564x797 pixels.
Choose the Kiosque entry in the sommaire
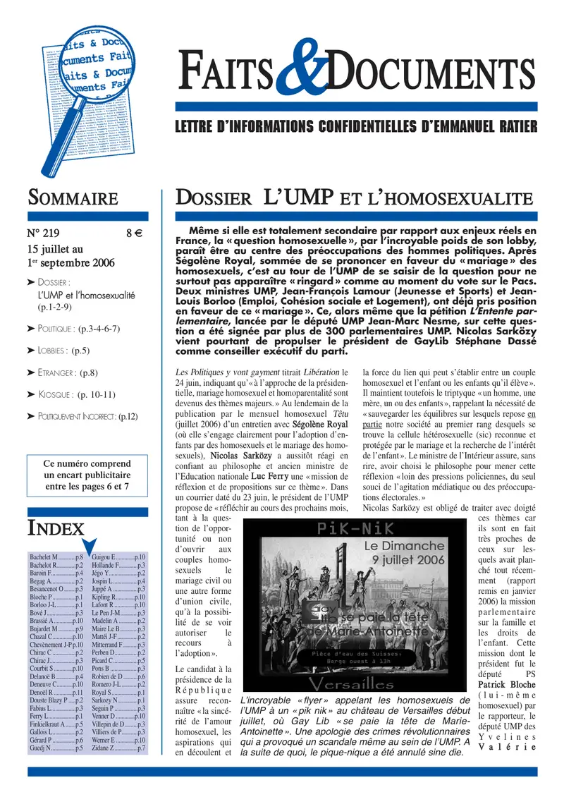tap(70, 394)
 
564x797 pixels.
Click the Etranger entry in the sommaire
tap(68, 372)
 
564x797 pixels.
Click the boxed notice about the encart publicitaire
tap(87, 475)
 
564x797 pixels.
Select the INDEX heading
tap(56, 528)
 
